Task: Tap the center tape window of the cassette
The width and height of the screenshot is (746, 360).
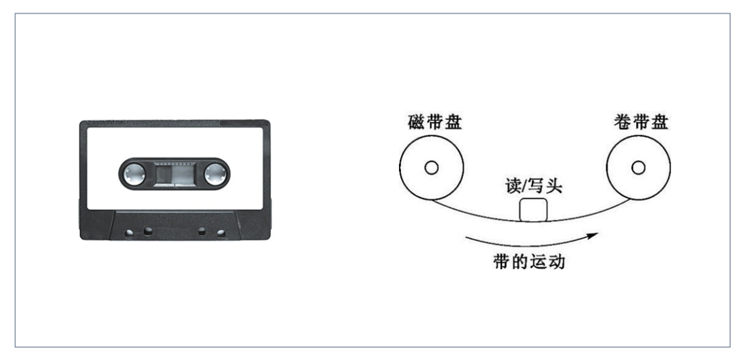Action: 175,173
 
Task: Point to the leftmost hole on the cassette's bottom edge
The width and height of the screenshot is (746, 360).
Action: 130,233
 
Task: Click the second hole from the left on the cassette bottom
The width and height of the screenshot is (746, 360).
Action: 148,231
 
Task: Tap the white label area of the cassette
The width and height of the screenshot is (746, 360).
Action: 174,143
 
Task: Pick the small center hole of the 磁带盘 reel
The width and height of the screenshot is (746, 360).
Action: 432,168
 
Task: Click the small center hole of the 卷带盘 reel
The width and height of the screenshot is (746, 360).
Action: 639,168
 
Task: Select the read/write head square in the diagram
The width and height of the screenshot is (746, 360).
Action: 533,209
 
